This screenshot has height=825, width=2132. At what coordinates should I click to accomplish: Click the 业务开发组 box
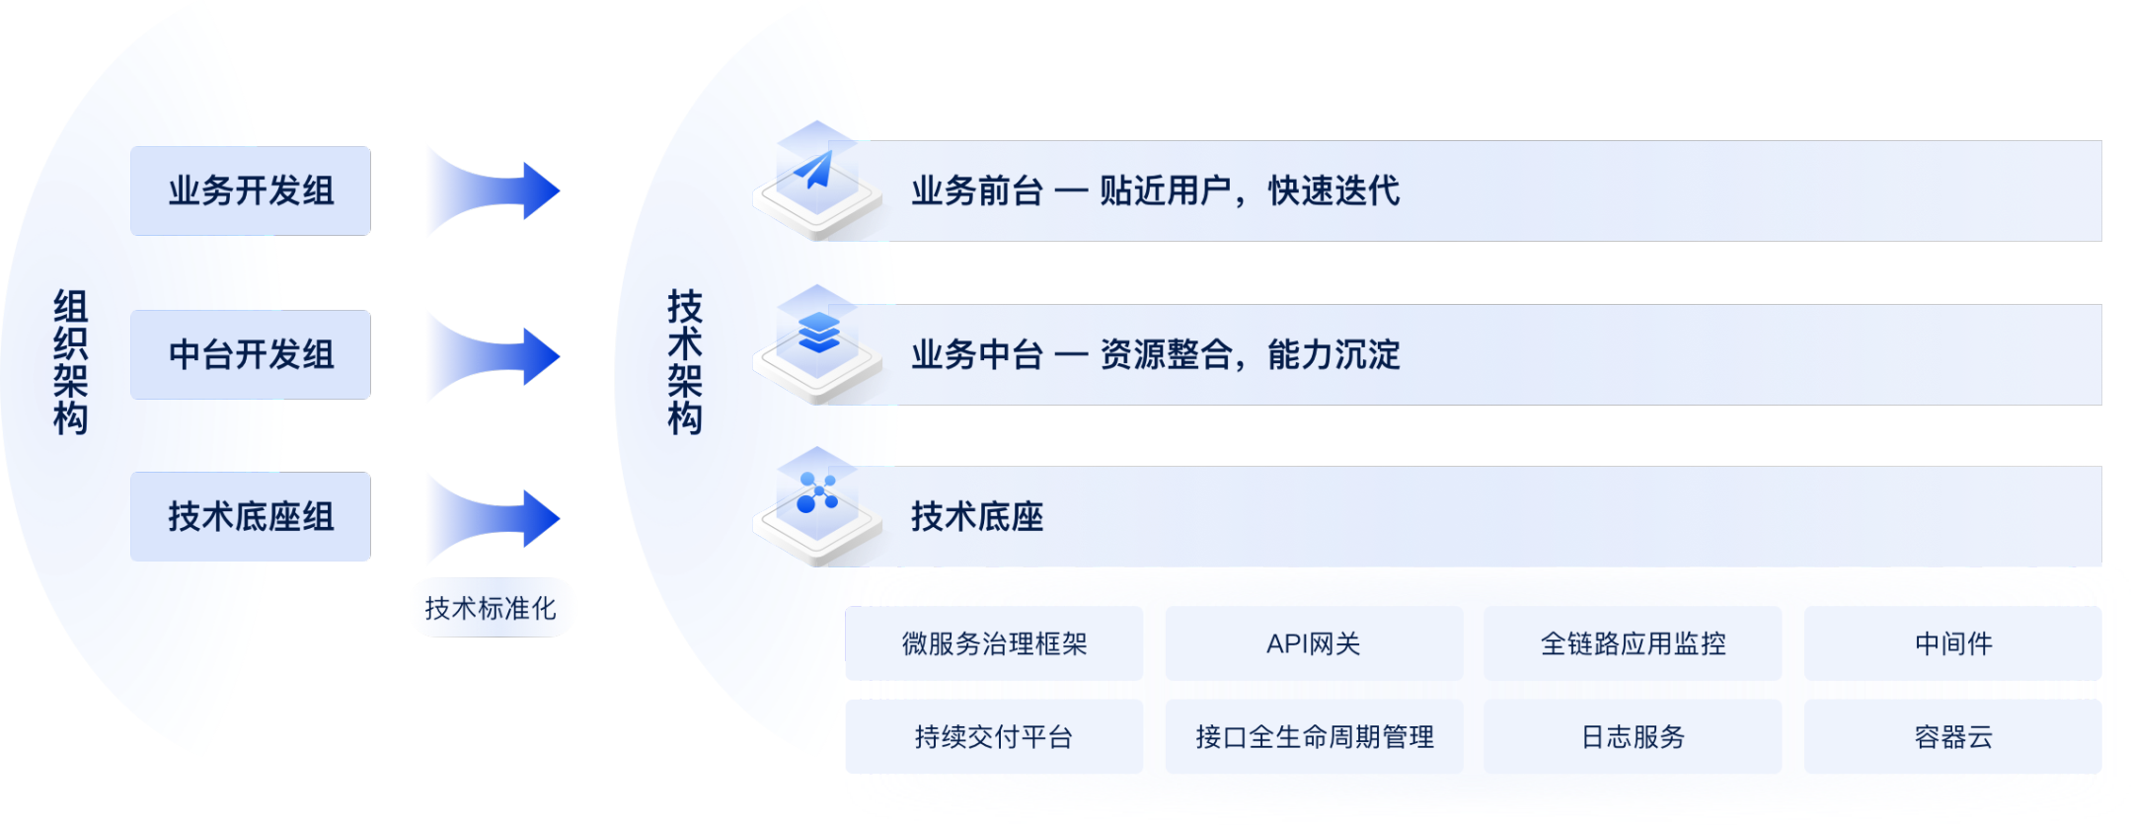tap(251, 190)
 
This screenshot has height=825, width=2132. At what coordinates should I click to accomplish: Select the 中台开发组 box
tap(251, 354)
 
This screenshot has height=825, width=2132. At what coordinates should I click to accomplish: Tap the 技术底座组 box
tap(251, 516)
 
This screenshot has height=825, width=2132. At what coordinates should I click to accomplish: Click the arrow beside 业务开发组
tap(495, 190)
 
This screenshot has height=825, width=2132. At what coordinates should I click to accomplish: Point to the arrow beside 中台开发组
tap(495, 355)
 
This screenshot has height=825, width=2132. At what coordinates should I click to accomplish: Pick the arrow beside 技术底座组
tap(495, 518)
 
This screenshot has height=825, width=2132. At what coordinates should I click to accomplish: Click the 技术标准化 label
tap(491, 608)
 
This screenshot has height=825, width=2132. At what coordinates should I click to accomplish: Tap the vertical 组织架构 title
tap(70, 362)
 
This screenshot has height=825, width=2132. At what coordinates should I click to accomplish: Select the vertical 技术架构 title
tap(685, 362)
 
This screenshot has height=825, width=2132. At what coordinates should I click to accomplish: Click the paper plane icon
tap(815, 170)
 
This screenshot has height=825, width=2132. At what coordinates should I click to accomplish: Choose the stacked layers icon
tap(818, 333)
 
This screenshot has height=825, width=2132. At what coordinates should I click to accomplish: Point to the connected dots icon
tap(817, 492)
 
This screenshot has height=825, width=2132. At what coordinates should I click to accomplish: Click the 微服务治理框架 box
tap(994, 643)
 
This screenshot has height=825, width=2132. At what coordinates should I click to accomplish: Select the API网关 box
tap(1314, 643)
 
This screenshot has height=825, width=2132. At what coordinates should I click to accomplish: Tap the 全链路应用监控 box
tap(1633, 643)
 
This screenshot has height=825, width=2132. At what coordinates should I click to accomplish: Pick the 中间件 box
tap(1952, 643)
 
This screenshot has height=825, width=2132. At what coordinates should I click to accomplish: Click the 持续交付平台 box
tap(994, 736)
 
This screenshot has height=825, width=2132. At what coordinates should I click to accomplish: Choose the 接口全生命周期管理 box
tap(1314, 736)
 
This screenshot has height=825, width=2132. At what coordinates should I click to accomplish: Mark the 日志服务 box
tap(1633, 736)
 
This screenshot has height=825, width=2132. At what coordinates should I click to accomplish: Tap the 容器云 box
tap(1952, 736)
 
